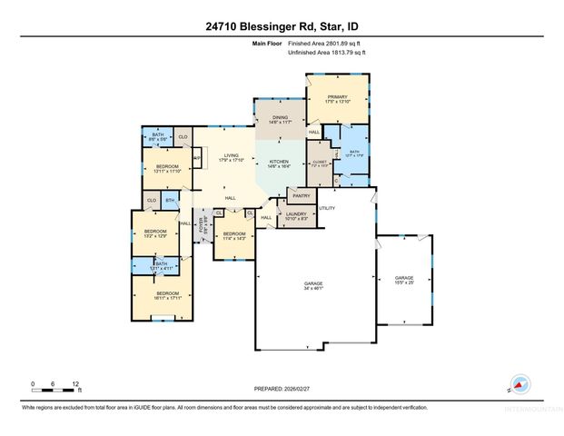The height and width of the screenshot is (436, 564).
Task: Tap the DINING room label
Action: coord(279,118)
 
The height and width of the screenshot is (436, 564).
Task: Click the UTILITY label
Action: coord(328,208)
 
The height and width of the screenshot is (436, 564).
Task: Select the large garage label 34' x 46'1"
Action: coord(313,286)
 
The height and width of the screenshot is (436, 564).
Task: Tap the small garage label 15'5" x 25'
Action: coord(403,280)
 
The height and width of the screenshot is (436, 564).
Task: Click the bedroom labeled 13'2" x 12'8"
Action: coord(156,233)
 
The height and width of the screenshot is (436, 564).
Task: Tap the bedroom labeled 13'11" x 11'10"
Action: coord(167,169)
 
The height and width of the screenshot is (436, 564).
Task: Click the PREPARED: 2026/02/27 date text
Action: coord(282,388)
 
